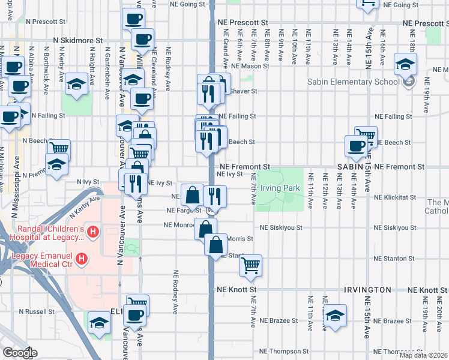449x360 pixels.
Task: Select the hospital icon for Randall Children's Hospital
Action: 92,231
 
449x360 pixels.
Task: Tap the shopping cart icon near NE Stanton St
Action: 251,265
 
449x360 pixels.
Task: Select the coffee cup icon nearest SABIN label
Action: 357,146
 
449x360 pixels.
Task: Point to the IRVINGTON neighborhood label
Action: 368,289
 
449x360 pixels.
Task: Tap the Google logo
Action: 20,353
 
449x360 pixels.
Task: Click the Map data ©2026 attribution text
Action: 423,355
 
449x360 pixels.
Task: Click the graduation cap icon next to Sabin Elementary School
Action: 406,64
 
